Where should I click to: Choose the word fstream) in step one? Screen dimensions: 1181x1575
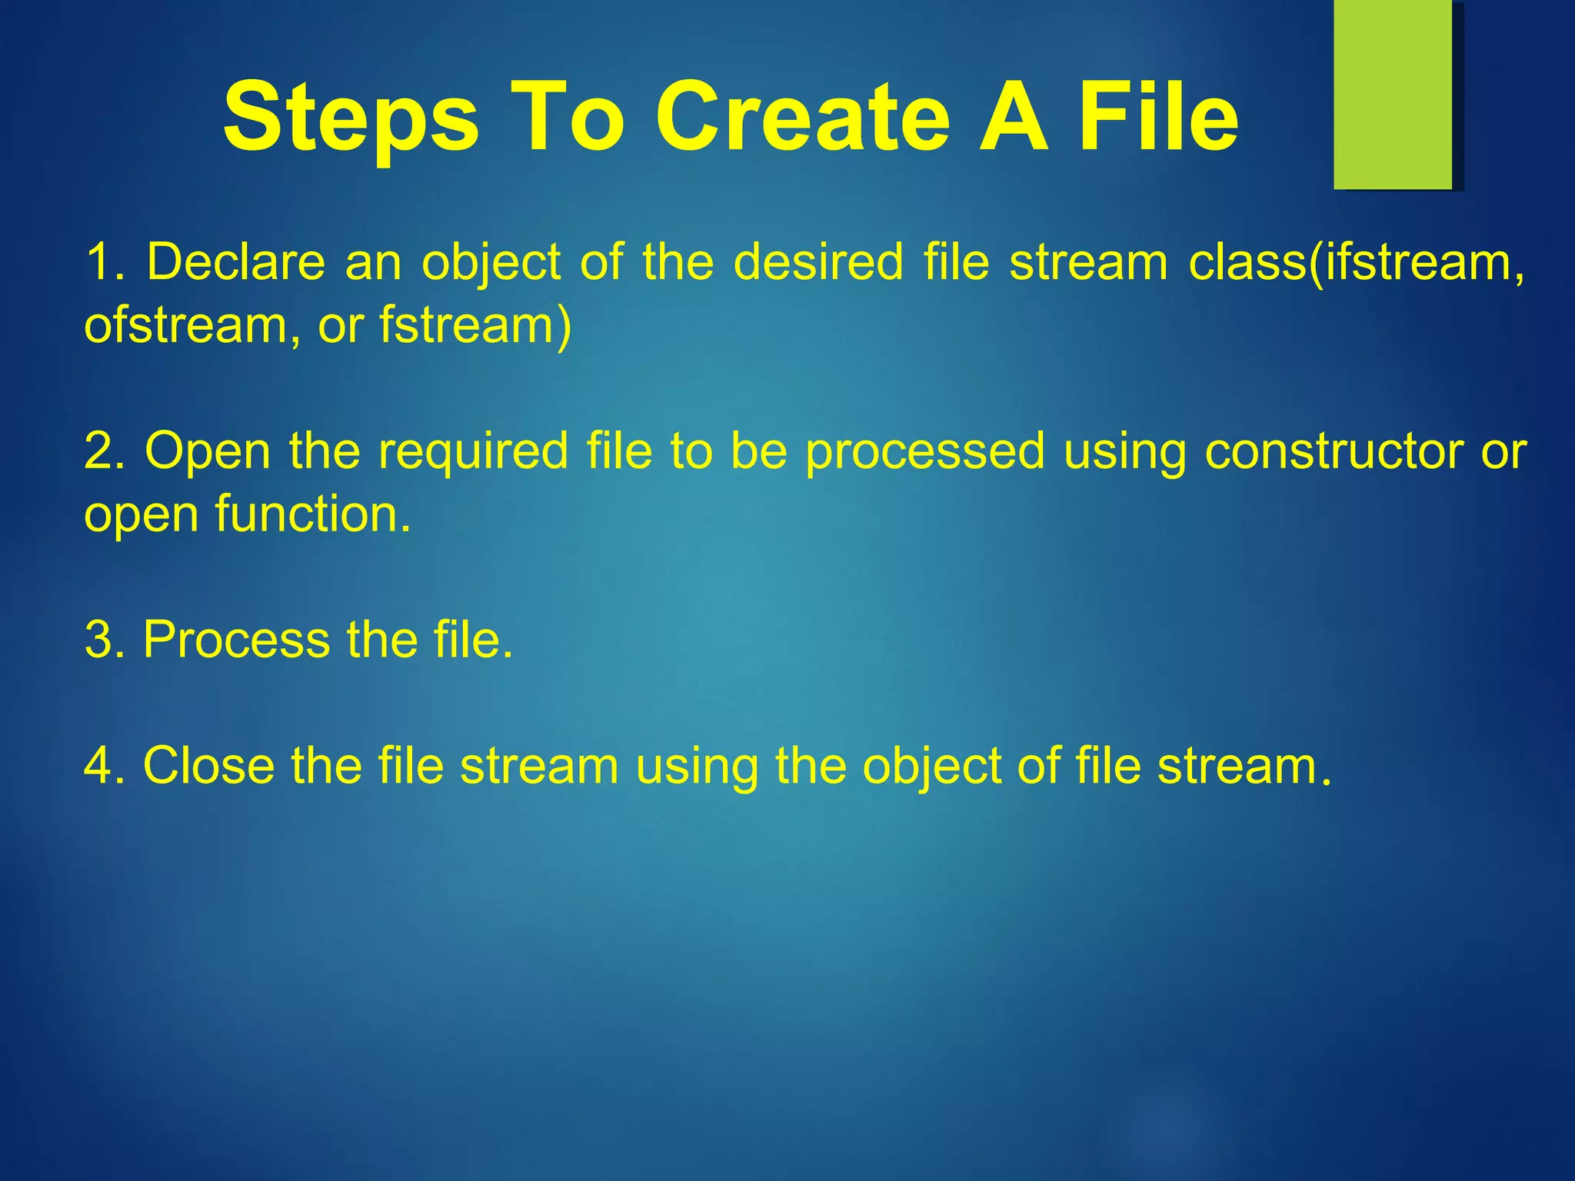click(475, 326)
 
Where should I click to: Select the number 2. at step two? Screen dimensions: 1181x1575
click(105, 451)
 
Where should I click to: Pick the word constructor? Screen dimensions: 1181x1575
click(1334, 451)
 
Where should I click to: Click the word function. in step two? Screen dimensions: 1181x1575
click(312, 514)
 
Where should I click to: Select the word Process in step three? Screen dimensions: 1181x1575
click(235, 640)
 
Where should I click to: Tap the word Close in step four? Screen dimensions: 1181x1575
click(208, 767)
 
